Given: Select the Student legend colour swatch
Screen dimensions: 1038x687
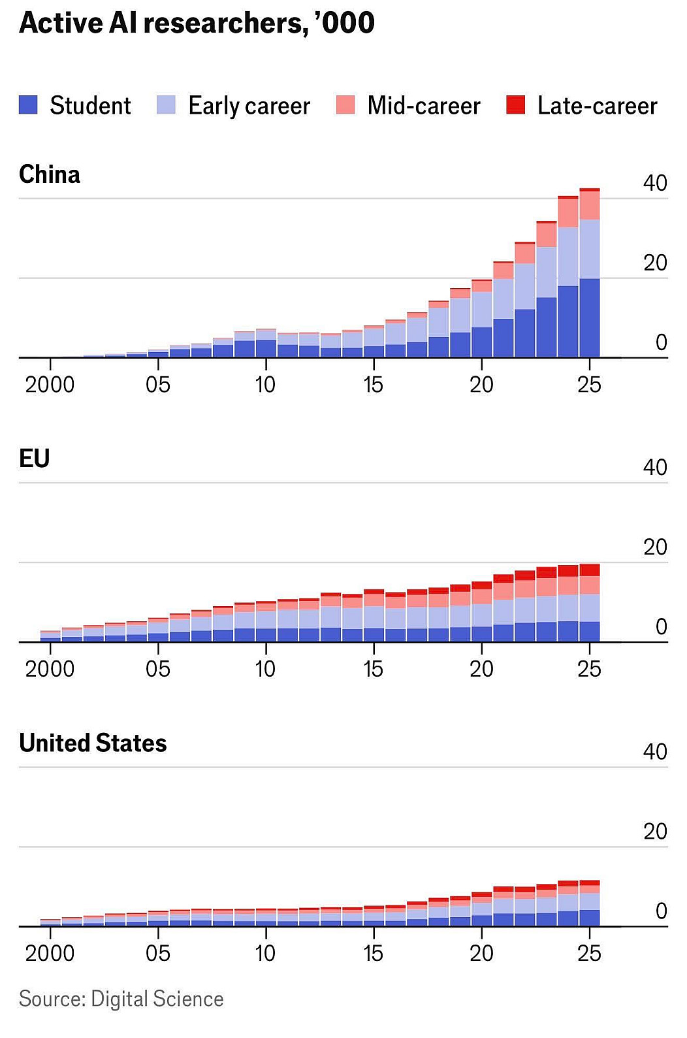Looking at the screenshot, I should pyautogui.click(x=29, y=105).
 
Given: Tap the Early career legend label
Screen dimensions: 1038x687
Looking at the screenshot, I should pyautogui.click(x=249, y=106).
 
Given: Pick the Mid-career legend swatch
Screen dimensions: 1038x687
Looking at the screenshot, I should pyautogui.click(x=345, y=105).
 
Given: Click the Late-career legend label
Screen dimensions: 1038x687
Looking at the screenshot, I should pyautogui.click(x=597, y=106).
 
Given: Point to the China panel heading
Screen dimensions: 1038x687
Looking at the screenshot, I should pyautogui.click(x=50, y=174).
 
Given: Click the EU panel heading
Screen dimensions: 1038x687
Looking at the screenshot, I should pyautogui.click(x=35, y=459).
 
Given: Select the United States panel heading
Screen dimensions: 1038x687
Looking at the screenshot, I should pyautogui.click(x=93, y=743).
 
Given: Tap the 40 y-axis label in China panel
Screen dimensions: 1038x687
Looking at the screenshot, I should pyautogui.click(x=655, y=184).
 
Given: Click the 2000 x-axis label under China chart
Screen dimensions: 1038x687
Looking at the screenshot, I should pyautogui.click(x=50, y=384).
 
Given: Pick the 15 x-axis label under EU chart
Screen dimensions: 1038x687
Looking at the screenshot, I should pyautogui.click(x=373, y=669).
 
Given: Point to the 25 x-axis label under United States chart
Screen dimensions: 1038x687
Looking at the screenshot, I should pyautogui.click(x=589, y=954).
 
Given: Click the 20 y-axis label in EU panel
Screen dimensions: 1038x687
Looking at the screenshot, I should pyautogui.click(x=655, y=547).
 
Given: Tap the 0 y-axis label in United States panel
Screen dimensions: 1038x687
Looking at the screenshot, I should pyautogui.click(x=661, y=911).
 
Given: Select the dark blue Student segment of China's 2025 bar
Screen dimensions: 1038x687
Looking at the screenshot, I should pyautogui.click(x=590, y=318).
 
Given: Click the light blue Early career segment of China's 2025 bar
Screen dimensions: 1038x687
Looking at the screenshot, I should pyautogui.click(x=590, y=249).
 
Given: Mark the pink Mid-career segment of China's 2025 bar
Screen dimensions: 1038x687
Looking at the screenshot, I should pyautogui.click(x=590, y=205).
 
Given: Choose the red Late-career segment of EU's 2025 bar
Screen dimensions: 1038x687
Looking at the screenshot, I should pyautogui.click(x=590, y=570).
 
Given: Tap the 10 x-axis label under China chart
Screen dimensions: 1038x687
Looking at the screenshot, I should pyautogui.click(x=265, y=384).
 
